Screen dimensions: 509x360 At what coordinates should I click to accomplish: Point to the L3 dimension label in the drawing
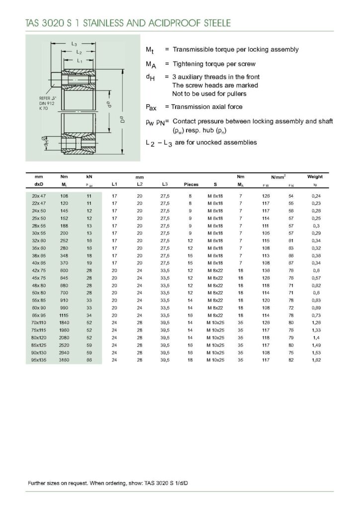tap(74, 44)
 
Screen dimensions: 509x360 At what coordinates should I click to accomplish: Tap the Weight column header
tap(315, 176)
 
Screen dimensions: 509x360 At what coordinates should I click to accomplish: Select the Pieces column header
tap(191, 184)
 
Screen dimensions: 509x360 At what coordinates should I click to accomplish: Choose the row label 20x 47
tap(38, 196)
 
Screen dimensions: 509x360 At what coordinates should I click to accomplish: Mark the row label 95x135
tap(38, 359)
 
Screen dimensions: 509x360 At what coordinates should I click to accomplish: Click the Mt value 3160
tap(64, 359)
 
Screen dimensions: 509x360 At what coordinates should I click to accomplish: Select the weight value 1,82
tap(315, 359)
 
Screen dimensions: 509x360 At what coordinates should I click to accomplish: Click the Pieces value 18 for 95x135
tap(190, 359)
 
